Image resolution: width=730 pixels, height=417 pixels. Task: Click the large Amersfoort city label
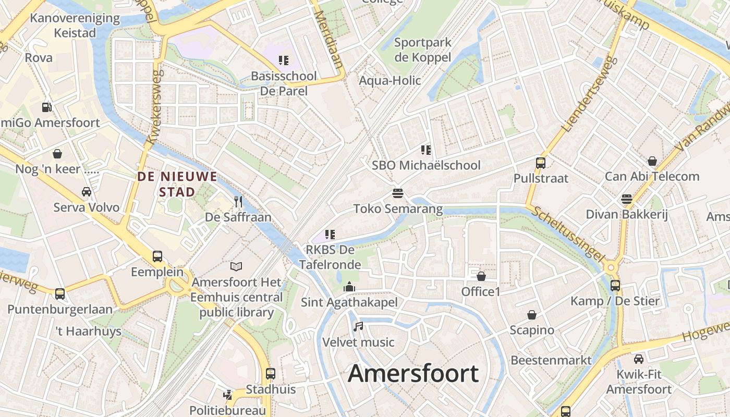click(413, 374)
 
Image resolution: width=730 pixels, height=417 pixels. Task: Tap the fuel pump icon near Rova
click(47, 107)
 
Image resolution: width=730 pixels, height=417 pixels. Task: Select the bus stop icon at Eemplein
click(157, 256)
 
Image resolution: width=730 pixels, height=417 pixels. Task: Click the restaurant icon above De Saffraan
click(238, 201)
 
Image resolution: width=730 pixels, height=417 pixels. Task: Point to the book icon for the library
click(236, 266)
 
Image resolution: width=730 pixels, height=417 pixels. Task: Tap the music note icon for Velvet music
click(358, 327)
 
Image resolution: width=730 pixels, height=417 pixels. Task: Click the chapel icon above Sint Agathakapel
click(349, 286)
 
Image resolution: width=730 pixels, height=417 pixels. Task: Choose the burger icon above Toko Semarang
click(398, 193)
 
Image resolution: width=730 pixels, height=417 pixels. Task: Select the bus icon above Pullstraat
click(541, 163)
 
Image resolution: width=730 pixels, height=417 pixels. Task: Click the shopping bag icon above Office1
click(481, 276)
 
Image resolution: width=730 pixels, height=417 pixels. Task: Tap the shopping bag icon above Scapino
click(532, 314)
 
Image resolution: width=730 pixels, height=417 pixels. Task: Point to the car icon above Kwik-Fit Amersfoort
click(639, 359)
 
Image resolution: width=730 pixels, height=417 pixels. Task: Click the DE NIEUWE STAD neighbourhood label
click(177, 184)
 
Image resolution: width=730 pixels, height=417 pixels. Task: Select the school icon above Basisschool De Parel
click(284, 60)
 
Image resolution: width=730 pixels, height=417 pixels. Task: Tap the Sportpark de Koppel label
click(422, 50)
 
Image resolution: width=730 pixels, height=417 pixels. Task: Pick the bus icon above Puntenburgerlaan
click(60, 293)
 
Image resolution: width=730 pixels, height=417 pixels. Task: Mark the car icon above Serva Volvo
click(87, 191)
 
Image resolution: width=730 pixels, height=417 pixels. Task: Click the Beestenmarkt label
click(551, 360)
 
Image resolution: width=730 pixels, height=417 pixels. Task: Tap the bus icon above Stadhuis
click(270, 373)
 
